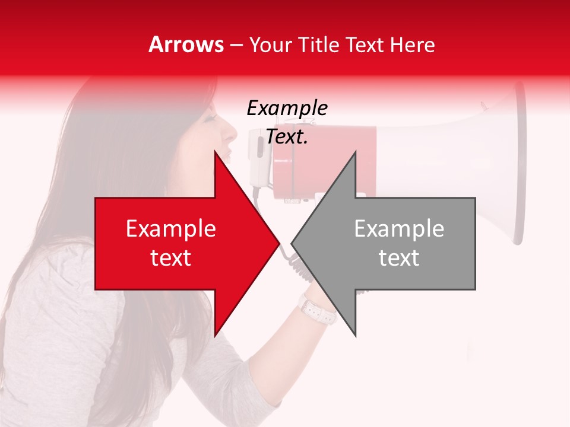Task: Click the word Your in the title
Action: tap(270, 45)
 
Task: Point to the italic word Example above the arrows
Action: tap(287, 109)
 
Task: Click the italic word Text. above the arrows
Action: tap(287, 137)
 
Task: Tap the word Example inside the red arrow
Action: tap(171, 229)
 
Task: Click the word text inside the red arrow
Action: tap(171, 258)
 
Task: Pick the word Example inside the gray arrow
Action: tap(399, 229)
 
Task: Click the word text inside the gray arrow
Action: tap(399, 258)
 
